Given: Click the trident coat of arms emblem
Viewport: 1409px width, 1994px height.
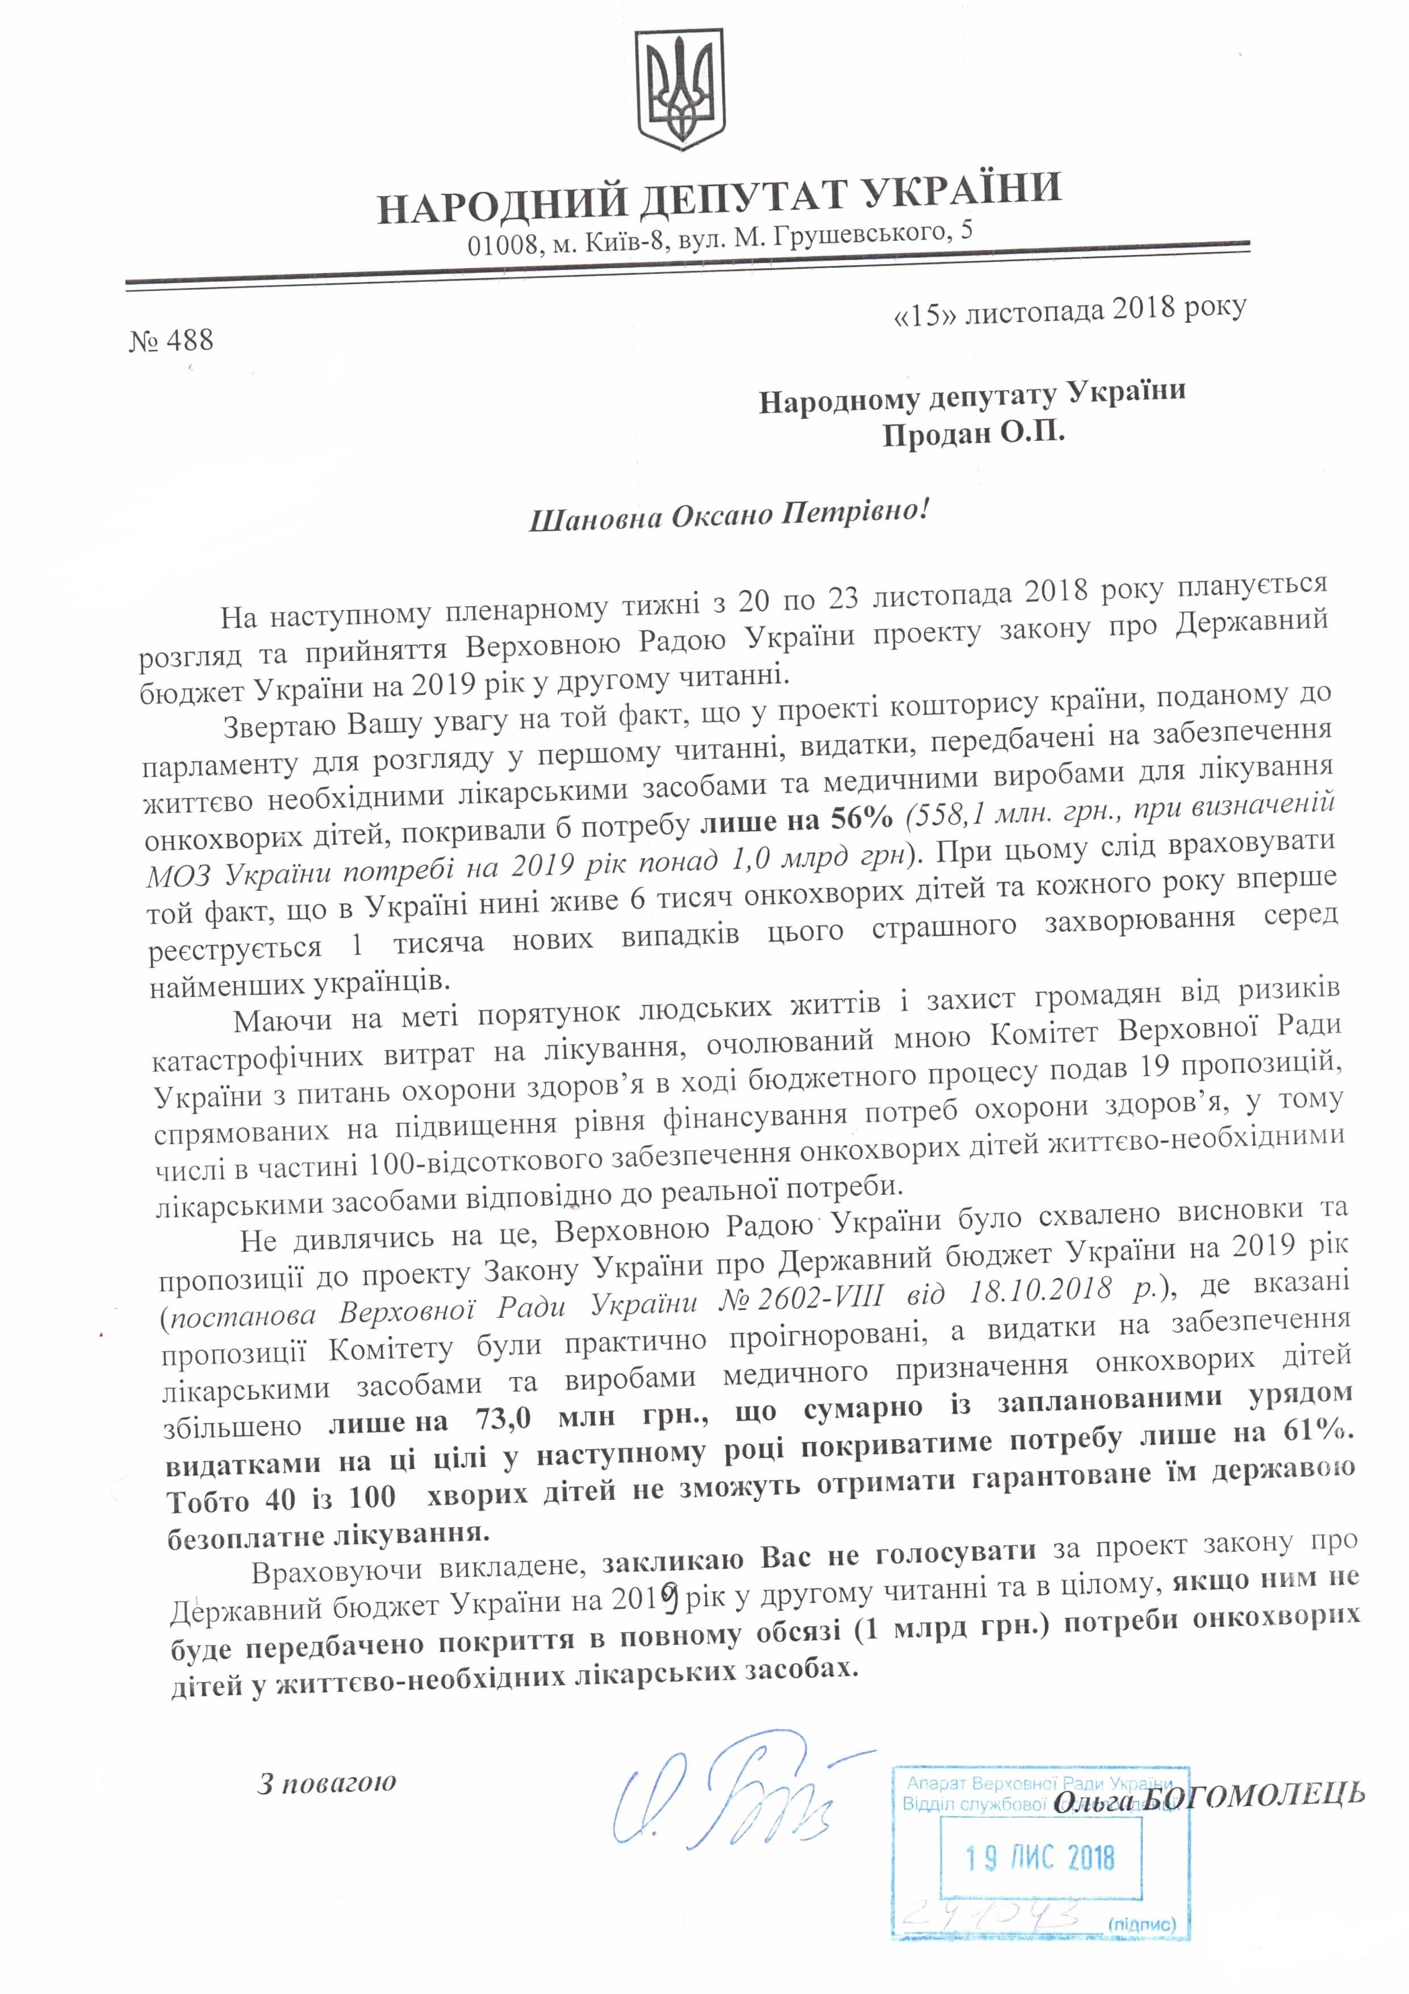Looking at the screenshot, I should [x=681, y=89].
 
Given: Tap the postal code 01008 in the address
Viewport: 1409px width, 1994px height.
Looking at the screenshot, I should [x=503, y=245].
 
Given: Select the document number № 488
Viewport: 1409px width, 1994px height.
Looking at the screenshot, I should [x=171, y=340].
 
